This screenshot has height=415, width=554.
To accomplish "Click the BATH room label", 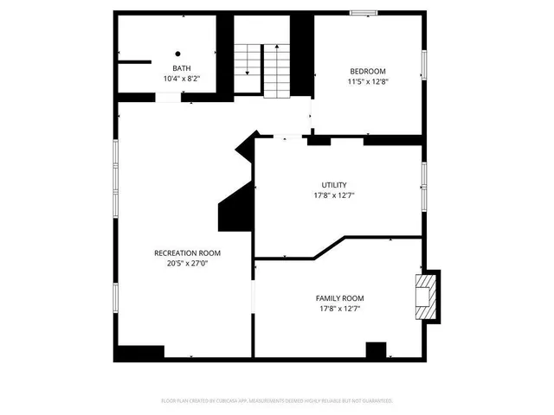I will click(x=182, y=68).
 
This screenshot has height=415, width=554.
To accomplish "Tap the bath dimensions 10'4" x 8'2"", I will click(x=182, y=79).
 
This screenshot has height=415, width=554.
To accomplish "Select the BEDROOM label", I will click(x=368, y=71).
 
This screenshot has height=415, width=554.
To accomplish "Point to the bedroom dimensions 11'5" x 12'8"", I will click(x=368, y=82).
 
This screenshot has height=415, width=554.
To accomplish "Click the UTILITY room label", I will click(x=334, y=185).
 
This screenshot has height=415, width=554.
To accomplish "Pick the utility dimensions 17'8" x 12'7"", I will click(x=334, y=195).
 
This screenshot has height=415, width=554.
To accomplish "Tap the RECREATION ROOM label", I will click(x=187, y=253).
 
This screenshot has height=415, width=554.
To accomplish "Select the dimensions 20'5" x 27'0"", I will click(x=187, y=264).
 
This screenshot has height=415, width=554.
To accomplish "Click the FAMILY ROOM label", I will click(x=339, y=297).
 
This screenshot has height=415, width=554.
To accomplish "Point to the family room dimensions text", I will click(x=339, y=309).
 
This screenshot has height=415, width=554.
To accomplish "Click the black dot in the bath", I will click(x=178, y=53).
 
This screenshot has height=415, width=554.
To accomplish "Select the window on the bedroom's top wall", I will click(x=363, y=11).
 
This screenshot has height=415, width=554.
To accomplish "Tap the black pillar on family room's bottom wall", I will click(x=376, y=350).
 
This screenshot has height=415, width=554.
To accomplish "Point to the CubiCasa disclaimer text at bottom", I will click(x=277, y=400).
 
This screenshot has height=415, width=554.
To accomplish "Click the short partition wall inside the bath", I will click(x=133, y=61).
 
